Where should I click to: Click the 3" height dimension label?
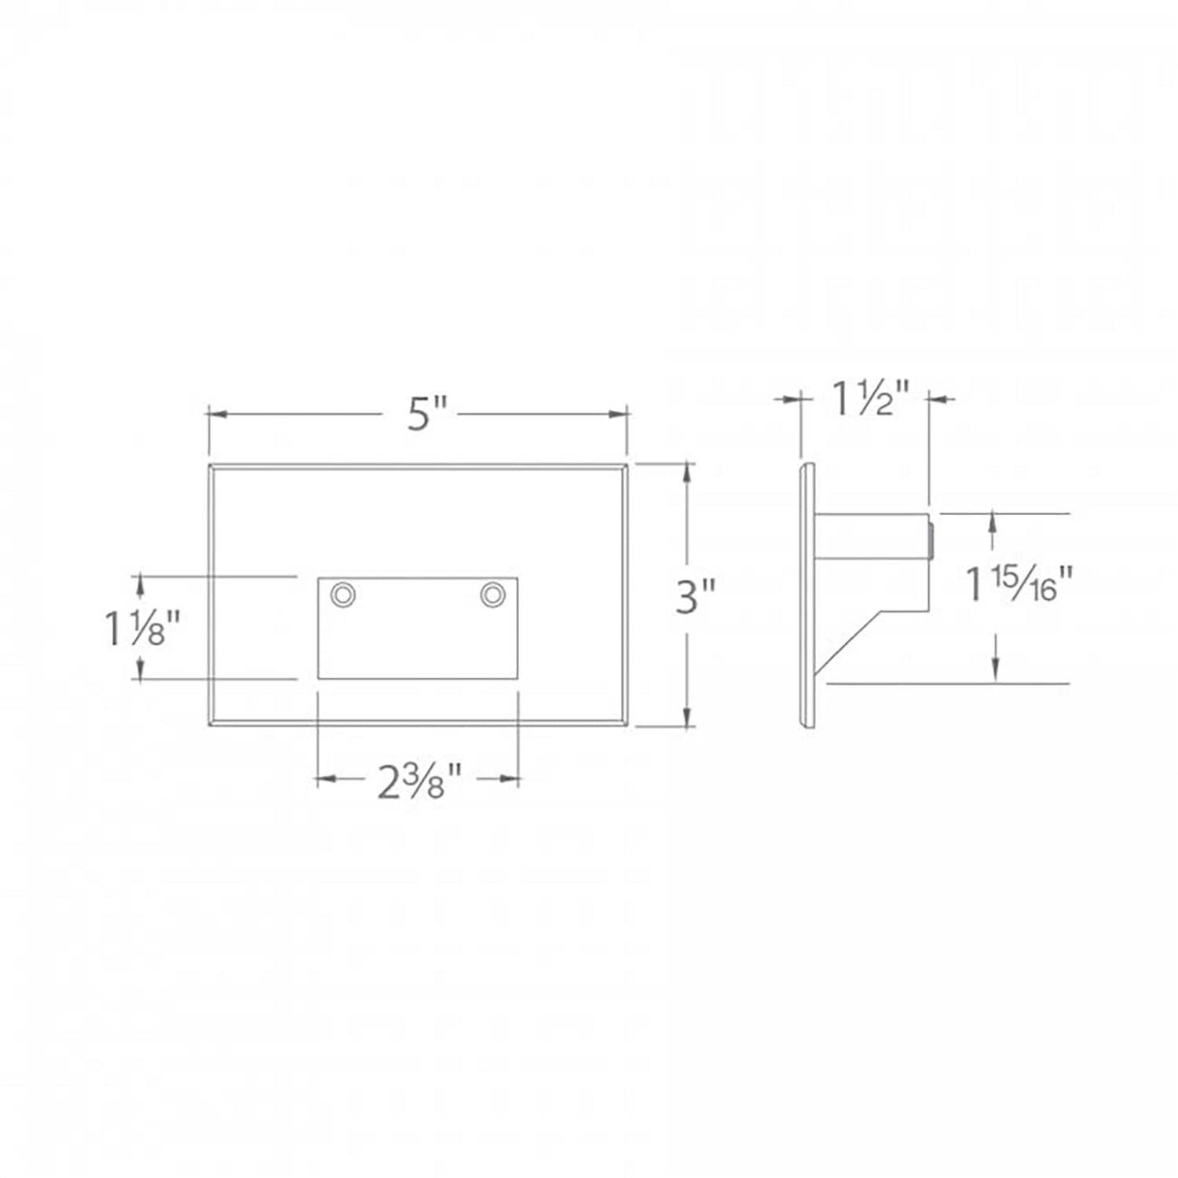point(696,597)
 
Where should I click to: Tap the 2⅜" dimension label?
point(419,781)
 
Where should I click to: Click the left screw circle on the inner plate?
point(342,594)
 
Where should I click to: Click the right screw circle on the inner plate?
point(492,594)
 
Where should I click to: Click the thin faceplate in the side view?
point(807,597)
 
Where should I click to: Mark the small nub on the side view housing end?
point(931,543)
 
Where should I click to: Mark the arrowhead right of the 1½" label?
point(939,400)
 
